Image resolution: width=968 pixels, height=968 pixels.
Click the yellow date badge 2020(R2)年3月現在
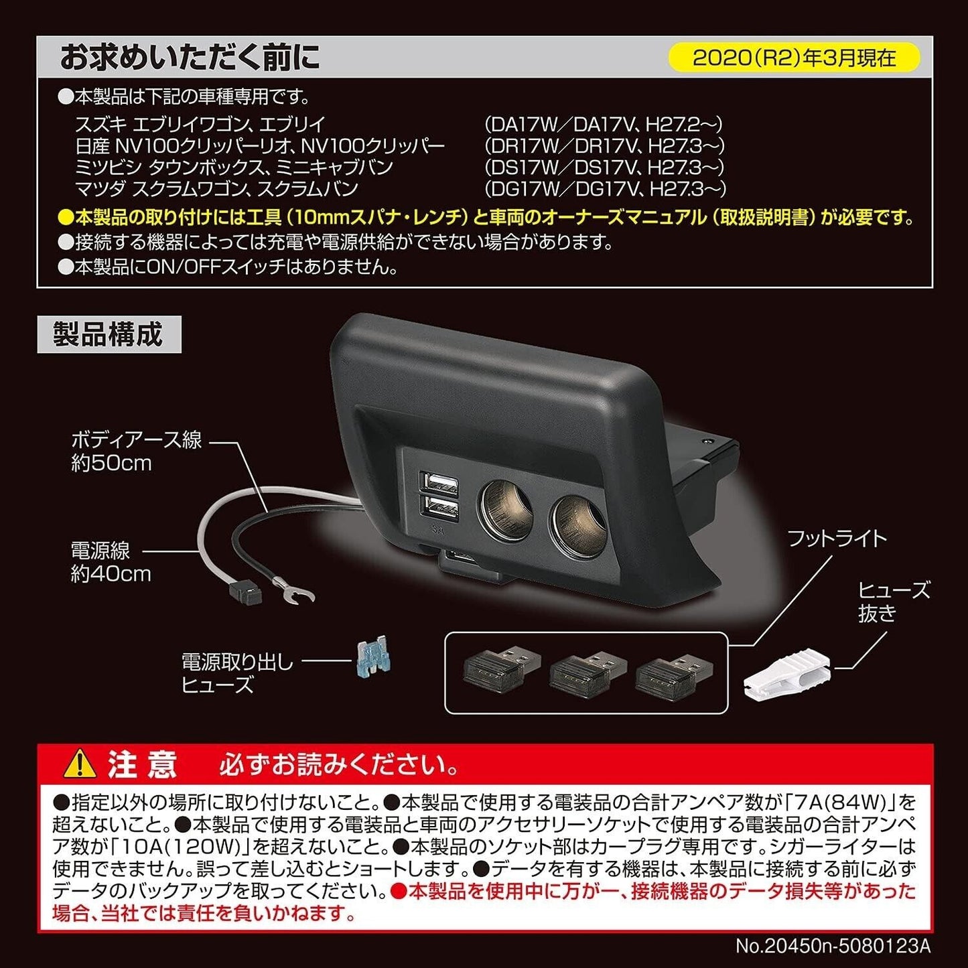pyautogui.click(x=794, y=58)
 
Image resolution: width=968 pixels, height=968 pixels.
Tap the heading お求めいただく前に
pyautogui.click(x=190, y=57)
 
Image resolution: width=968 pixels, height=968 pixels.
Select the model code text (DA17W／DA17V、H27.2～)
pyautogui.click(x=604, y=124)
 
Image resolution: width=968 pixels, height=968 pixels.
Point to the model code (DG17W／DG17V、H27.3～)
pyautogui.click(x=606, y=189)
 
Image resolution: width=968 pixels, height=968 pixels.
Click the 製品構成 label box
pyautogui.click(x=109, y=334)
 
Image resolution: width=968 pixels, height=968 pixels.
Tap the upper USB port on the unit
pyautogui.click(x=441, y=483)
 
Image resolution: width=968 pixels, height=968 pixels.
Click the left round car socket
pyautogui.click(x=507, y=511)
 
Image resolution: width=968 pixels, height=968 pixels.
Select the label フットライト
pyautogui.click(x=837, y=539)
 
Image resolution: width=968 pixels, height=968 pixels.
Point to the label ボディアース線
pyautogui.click(x=137, y=440)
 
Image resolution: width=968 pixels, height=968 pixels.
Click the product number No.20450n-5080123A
pyautogui.click(x=833, y=946)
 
